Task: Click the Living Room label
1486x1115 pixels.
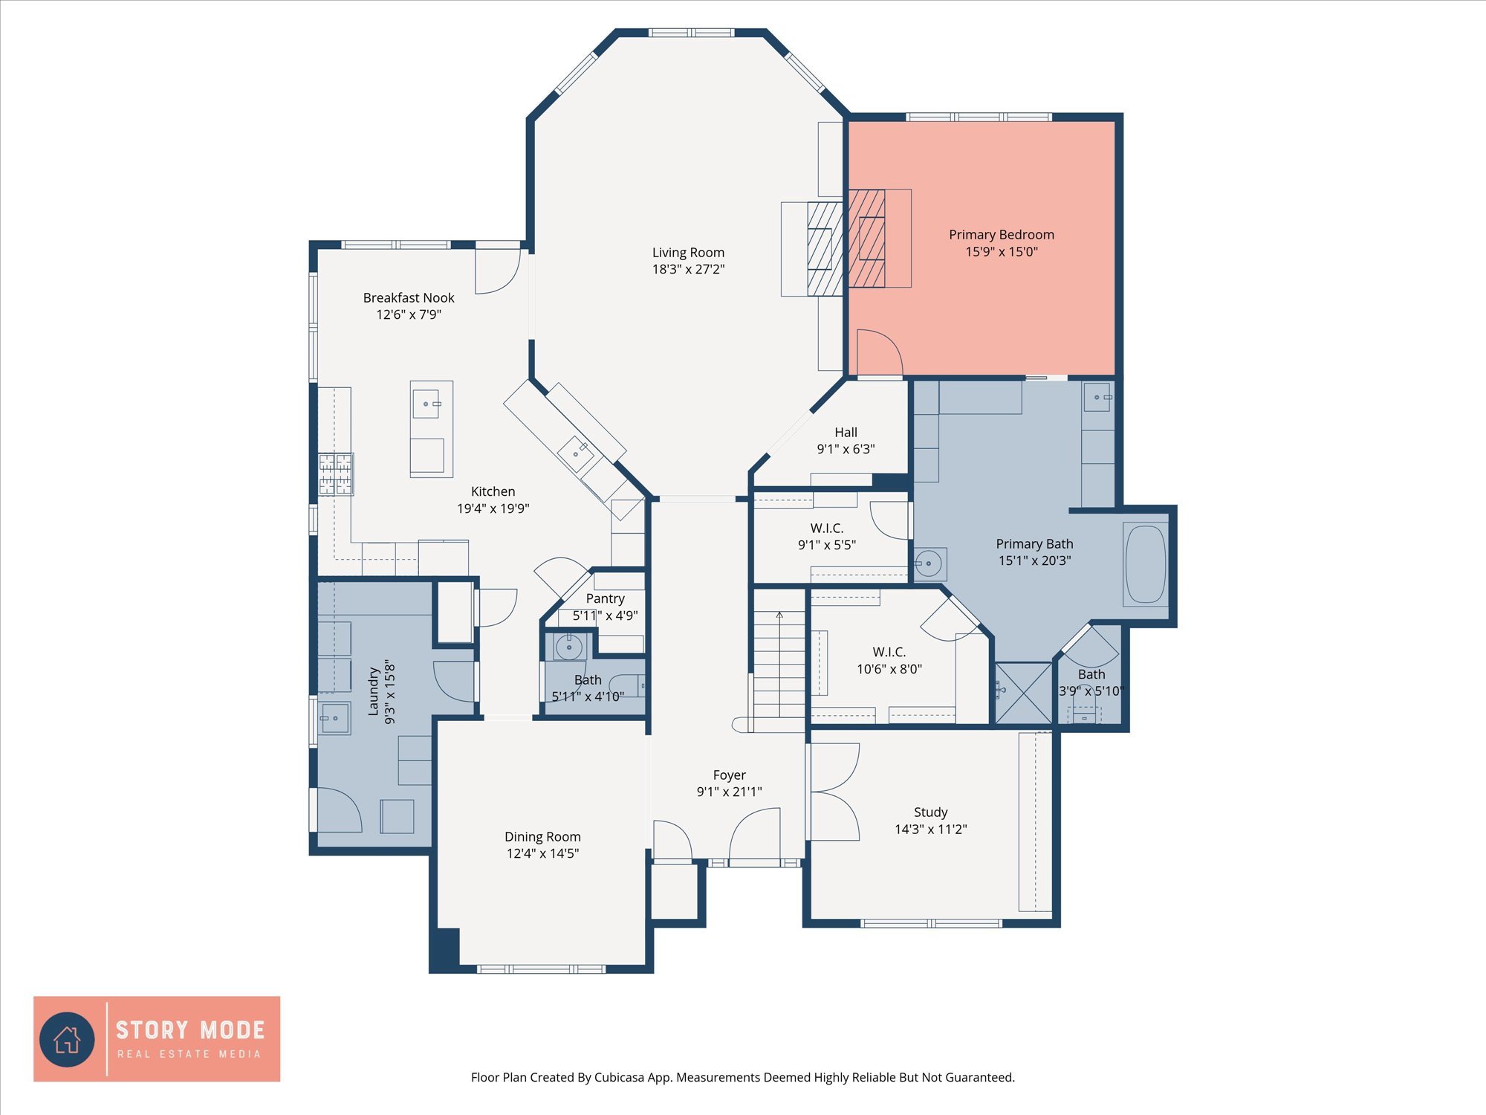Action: (x=688, y=253)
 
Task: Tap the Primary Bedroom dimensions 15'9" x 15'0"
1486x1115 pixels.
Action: (x=1001, y=252)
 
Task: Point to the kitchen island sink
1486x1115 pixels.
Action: (x=426, y=404)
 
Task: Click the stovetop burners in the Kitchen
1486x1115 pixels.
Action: (x=336, y=474)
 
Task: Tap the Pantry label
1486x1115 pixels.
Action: (x=605, y=598)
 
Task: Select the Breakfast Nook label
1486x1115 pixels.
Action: (x=409, y=297)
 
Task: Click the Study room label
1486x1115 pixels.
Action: (x=930, y=812)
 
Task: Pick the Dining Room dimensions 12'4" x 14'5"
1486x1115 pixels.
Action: (x=542, y=853)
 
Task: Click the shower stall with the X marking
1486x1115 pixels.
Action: (x=1023, y=693)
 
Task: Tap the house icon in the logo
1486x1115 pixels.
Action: (x=67, y=1038)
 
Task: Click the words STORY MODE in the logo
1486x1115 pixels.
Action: (x=190, y=1030)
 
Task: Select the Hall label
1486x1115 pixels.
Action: (x=846, y=432)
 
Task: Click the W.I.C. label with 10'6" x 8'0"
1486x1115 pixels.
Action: (x=889, y=652)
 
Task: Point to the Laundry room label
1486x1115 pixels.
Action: (x=374, y=691)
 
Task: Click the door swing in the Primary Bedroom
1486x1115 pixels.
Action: (x=879, y=352)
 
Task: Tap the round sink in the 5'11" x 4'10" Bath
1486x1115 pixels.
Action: (x=569, y=647)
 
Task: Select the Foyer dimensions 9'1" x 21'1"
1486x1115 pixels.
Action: (x=729, y=792)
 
